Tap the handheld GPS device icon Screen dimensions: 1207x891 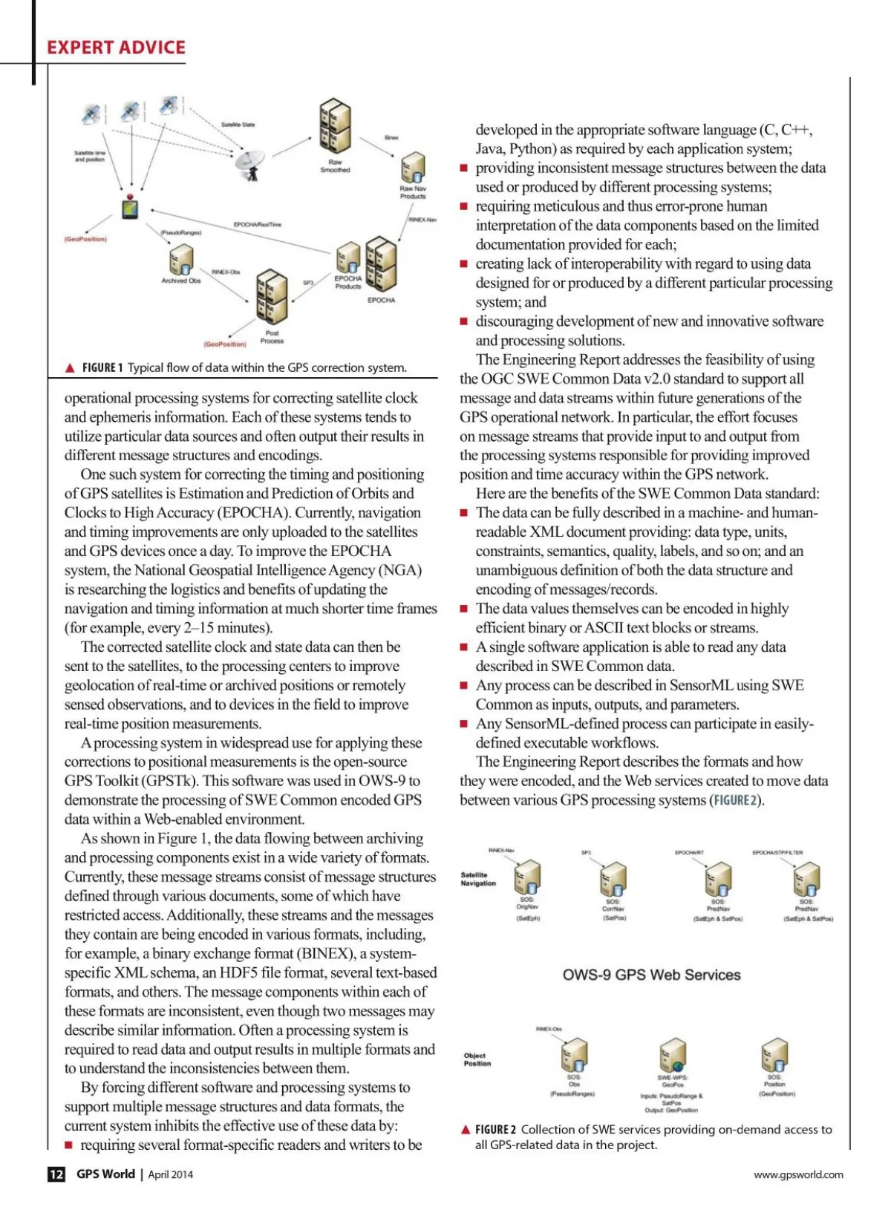coord(131,207)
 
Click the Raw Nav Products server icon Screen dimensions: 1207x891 coord(413,169)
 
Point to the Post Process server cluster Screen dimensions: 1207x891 coord(272,297)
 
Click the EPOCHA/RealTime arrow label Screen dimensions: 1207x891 coord(258,224)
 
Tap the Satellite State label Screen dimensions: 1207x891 coord(238,125)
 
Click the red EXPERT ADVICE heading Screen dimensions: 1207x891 coord(116,48)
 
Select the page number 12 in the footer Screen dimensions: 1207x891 coord(56,1174)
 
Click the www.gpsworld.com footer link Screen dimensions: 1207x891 coord(798,1174)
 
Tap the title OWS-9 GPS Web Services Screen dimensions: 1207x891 coord(651,975)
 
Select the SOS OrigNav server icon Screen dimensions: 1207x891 coord(527,878)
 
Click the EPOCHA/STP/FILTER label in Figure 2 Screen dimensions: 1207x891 coord(777,853)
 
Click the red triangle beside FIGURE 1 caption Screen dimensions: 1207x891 coord(71,367)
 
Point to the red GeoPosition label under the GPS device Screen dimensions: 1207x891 coord(85,239)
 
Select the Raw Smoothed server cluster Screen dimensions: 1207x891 coord(335,125)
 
